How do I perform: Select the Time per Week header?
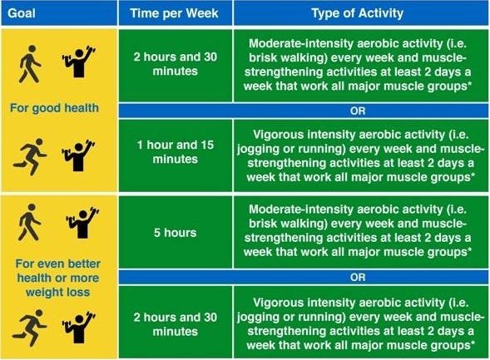coord(174,13)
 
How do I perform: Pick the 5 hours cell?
coord(175,233)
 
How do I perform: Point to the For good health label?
coord(54,108)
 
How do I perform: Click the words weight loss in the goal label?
coord(58,293)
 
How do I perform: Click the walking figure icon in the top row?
coord(30,64)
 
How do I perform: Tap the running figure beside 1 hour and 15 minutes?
coord(30,157)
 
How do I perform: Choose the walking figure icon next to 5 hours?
coord(29,222)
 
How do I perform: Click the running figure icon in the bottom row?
coord(30,328)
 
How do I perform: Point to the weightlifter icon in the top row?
coord(79,62)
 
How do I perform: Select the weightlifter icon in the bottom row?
coord(79,328)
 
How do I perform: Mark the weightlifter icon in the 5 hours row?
coord(82,223)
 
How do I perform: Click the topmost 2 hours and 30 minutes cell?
coord(176,64)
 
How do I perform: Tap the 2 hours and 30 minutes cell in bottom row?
coord(176,324)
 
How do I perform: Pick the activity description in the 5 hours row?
coord(358,230)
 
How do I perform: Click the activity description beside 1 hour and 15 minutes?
coord(360,155)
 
